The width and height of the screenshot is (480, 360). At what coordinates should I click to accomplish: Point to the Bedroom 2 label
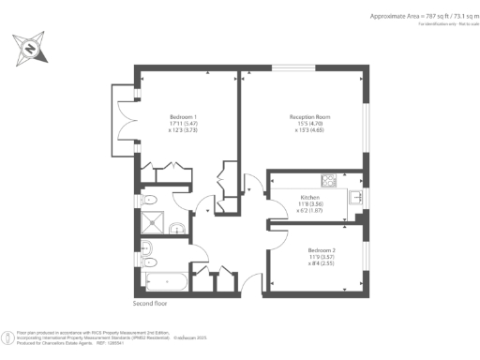click(324, 250)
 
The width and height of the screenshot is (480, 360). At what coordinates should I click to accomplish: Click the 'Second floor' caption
click(154, 304)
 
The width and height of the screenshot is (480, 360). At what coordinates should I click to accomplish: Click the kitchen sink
click(356, 198)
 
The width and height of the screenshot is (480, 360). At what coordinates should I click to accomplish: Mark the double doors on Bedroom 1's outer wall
click(129, 119)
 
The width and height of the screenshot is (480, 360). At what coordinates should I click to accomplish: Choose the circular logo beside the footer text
click(10, 336)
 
